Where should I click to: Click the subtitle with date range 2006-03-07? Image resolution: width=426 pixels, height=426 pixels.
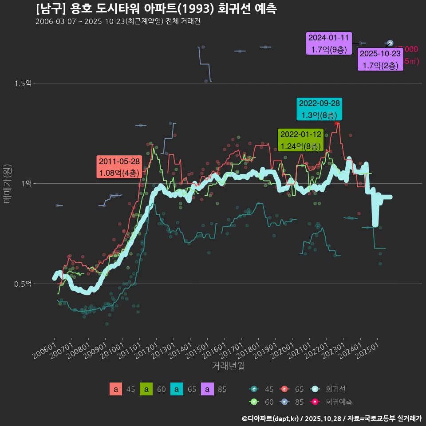pyautogui.click(x=118, y=21)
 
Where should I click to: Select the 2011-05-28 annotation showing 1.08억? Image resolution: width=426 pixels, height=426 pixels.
pyautogui.click(x=119, y=167)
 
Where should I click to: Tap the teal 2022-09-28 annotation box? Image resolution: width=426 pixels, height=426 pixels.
pyautogui.click(x=319, y=109)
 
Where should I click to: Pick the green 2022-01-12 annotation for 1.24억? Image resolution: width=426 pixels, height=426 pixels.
pyautogui.click(x=300, y=140)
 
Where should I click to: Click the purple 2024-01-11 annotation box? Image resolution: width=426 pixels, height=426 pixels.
pyautogui.click(x=329, y=43)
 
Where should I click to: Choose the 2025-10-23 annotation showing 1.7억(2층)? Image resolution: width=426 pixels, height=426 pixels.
pyautogui.click(x=380, y=59)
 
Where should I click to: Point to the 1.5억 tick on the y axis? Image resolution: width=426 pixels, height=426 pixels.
pyautogui.click(x=23, y=83)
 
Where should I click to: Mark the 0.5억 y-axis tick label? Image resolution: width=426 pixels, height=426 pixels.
pyautogui.click(x=23, y=284)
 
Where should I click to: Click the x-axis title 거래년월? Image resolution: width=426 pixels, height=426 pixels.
pyautogui.click(x=228, y=366)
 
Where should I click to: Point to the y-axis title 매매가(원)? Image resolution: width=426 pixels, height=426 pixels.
pyautogui.click(x=7, y=183)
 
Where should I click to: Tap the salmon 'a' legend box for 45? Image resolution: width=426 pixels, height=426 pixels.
pyautogui.click(x=116, y=389)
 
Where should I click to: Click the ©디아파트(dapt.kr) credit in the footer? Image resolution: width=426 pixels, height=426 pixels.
pyautogui.click(x=271, y=418)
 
